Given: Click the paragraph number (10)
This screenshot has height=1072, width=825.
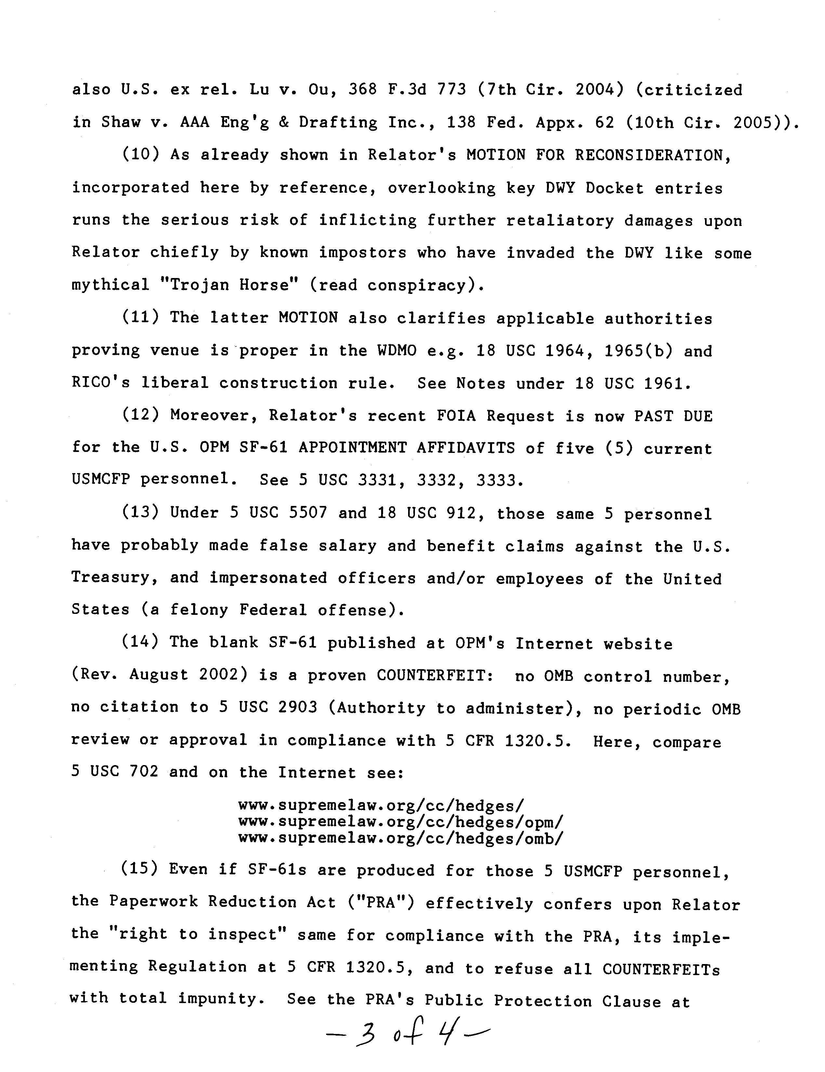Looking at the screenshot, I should pyautogui.click(x=140, y=155).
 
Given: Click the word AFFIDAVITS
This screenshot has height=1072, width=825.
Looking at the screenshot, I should pyautogui.click(x=466, y=448).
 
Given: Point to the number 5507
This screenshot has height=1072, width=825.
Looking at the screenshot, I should pyautogui.click(x=307, y=513).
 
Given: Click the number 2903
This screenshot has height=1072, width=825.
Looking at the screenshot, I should pyautogui.click(x=298, y=708).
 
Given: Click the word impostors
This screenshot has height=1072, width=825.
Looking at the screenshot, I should pyautogui.click(x=363, y=253).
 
